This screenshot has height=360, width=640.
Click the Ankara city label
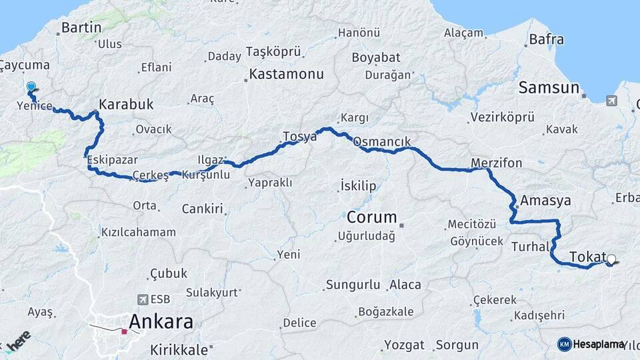[161, 323]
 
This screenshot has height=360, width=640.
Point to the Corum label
[371, 217]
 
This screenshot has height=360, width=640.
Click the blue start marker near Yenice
[31, 87]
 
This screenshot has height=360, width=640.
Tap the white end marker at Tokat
[611, 259]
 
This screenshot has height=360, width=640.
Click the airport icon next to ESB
[141, 299]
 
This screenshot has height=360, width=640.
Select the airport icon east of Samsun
[612, 101]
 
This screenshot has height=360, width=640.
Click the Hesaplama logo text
[599, 344]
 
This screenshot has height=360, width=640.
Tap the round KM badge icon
[564, 344]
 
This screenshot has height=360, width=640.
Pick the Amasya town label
[546, 201]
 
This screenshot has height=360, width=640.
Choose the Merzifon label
[496, 163]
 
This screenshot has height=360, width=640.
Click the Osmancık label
[381, 142]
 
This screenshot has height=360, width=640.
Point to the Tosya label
[299, 137]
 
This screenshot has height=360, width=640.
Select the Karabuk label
[126, 105]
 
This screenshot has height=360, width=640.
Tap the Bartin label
[81, 28]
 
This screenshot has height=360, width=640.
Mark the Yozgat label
[405, 345]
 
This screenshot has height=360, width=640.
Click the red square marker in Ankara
[124, 331]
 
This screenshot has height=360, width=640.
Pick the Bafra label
[546, 40]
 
